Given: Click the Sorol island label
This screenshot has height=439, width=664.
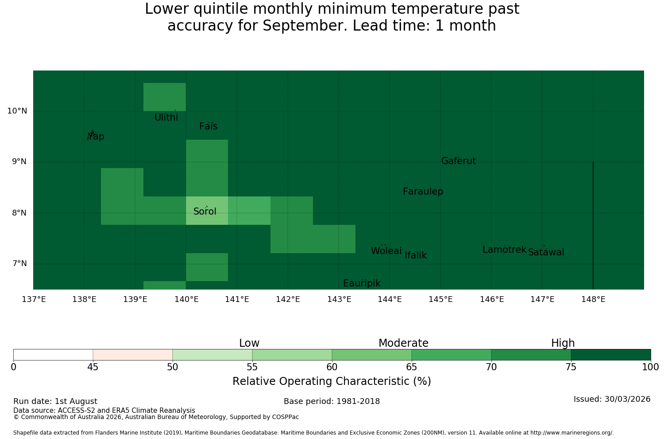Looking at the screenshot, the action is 205,212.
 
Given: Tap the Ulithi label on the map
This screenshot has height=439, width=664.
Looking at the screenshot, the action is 166,118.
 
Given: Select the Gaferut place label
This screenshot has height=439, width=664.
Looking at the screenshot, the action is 459,161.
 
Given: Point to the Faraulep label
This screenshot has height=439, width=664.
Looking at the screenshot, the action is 423,192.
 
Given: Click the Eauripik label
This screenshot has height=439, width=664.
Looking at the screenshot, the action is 362,283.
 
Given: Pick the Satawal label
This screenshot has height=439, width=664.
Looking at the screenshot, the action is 546,252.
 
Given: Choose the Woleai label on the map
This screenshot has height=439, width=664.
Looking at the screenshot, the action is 386,251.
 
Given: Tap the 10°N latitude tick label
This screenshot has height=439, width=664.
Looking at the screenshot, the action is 17,111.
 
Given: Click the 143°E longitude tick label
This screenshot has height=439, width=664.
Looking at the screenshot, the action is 339,299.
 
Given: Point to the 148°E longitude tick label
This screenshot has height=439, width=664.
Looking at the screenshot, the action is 593,299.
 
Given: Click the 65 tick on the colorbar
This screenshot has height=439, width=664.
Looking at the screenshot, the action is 411,368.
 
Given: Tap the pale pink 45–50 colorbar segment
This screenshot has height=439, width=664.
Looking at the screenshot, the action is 133,355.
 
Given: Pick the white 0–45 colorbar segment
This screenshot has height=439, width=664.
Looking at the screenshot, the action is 54,355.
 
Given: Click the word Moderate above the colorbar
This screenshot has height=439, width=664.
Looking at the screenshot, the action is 403,343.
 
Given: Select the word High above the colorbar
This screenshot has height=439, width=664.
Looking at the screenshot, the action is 563,343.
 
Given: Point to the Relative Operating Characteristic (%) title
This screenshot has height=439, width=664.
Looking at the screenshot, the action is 332,381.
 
